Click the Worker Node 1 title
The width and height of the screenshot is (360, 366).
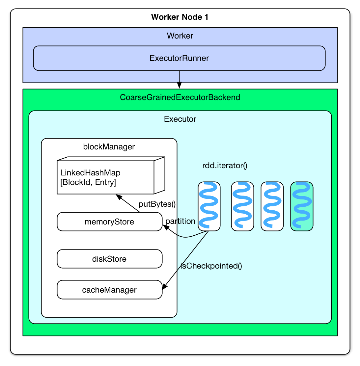tap(180, 17)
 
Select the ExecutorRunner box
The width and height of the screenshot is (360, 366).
tap(179, 58)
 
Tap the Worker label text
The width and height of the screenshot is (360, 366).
tap(180, 36)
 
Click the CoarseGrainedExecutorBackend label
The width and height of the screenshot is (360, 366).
tap(180, 97)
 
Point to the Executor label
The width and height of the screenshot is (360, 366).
tap(180, 119)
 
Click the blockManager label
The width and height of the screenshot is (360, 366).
tap(109, 147)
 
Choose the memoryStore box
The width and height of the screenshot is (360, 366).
tap(109, 222)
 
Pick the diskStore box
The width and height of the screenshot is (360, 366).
tap(109, 259)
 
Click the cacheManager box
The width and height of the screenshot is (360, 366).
tap(109, 290)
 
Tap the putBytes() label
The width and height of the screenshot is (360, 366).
tap(157, 204)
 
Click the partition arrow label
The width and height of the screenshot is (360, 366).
tap(180, 221)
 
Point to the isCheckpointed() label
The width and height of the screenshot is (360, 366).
tap(211, 266)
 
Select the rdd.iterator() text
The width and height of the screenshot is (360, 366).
tap(225, 166)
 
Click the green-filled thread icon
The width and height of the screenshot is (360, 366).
tap(302, 206)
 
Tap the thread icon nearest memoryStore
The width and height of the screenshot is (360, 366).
tap(209, 206)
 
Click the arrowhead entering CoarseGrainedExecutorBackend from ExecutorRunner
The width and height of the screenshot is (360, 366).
tap(179, 85)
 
